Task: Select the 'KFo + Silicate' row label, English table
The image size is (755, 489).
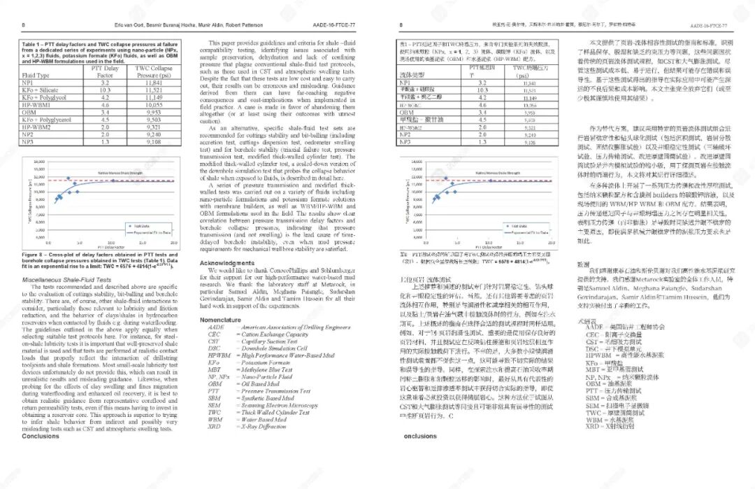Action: (40, 90)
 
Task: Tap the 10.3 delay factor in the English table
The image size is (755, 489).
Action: (106, 90)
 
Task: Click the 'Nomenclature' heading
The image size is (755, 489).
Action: (220, 320)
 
